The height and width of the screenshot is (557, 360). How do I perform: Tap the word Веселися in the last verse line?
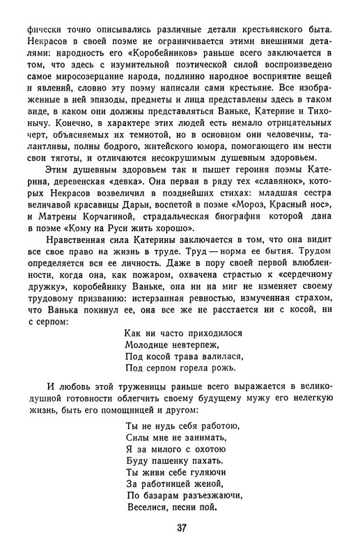click(x=148, y=508)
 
